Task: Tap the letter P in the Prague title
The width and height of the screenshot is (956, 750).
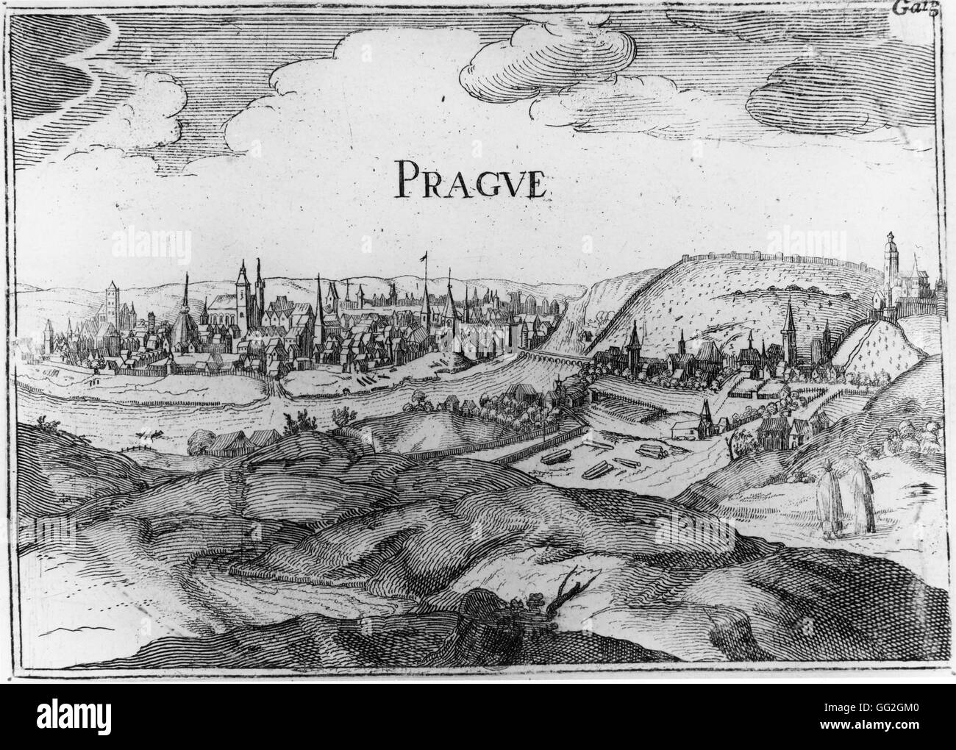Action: [406, 179]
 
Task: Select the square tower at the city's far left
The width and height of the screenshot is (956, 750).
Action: [113, 298]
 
